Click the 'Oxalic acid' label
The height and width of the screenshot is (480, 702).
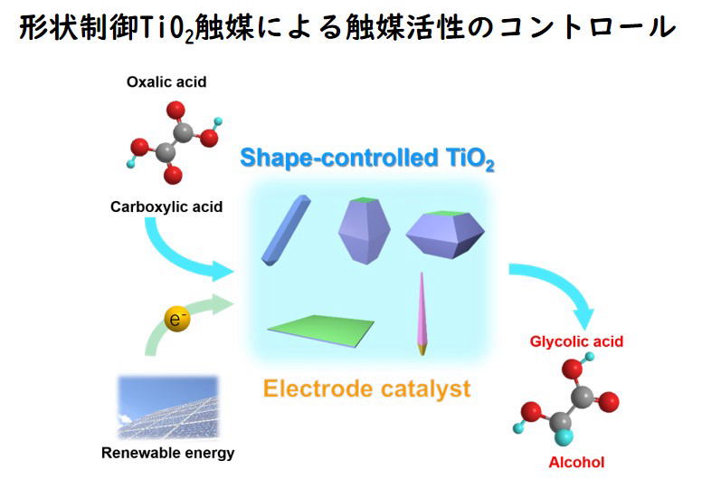[x=166, y=82]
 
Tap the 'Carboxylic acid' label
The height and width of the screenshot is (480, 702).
[x=166, y=207]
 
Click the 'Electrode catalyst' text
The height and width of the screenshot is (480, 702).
[x=367, y=389]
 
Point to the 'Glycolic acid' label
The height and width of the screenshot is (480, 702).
[x=576, y=341]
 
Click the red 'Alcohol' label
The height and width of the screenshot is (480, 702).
[x=576, y=463]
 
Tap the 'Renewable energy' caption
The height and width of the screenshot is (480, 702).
[x=168, y=453]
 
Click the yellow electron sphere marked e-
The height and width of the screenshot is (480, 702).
[x=176, y=319]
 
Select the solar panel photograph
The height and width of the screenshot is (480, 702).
[x=167, y=405]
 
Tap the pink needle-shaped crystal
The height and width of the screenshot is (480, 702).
[x=422, y=313]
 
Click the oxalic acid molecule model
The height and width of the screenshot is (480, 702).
[x=174, y=142]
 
